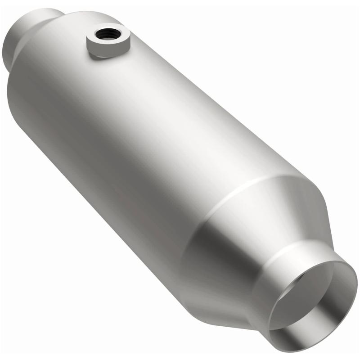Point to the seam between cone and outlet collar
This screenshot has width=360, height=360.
point(288,252)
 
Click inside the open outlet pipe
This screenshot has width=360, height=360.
point(315,301)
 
